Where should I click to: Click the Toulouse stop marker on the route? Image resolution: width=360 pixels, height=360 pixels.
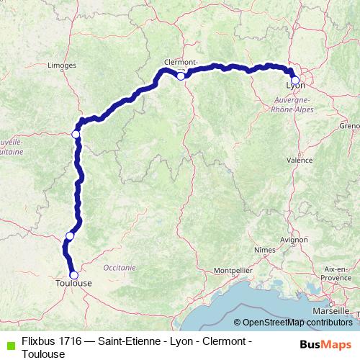[73, 274]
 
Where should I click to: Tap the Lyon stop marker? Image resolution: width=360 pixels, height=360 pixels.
[294, 81]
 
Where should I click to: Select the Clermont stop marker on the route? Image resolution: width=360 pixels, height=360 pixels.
[181, 75]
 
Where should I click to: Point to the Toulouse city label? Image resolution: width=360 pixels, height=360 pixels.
[73, 284]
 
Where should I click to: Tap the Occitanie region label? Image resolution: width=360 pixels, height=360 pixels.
[119, 266]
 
